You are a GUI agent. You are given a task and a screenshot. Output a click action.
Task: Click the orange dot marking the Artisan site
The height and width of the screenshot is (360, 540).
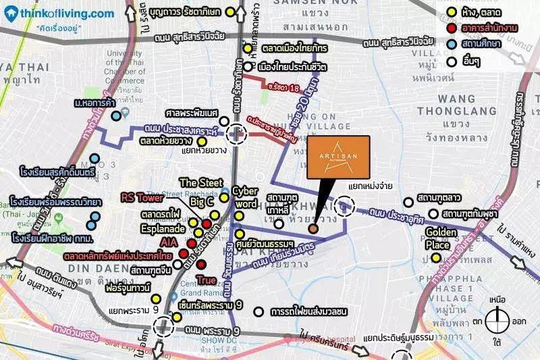pos(313,229)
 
